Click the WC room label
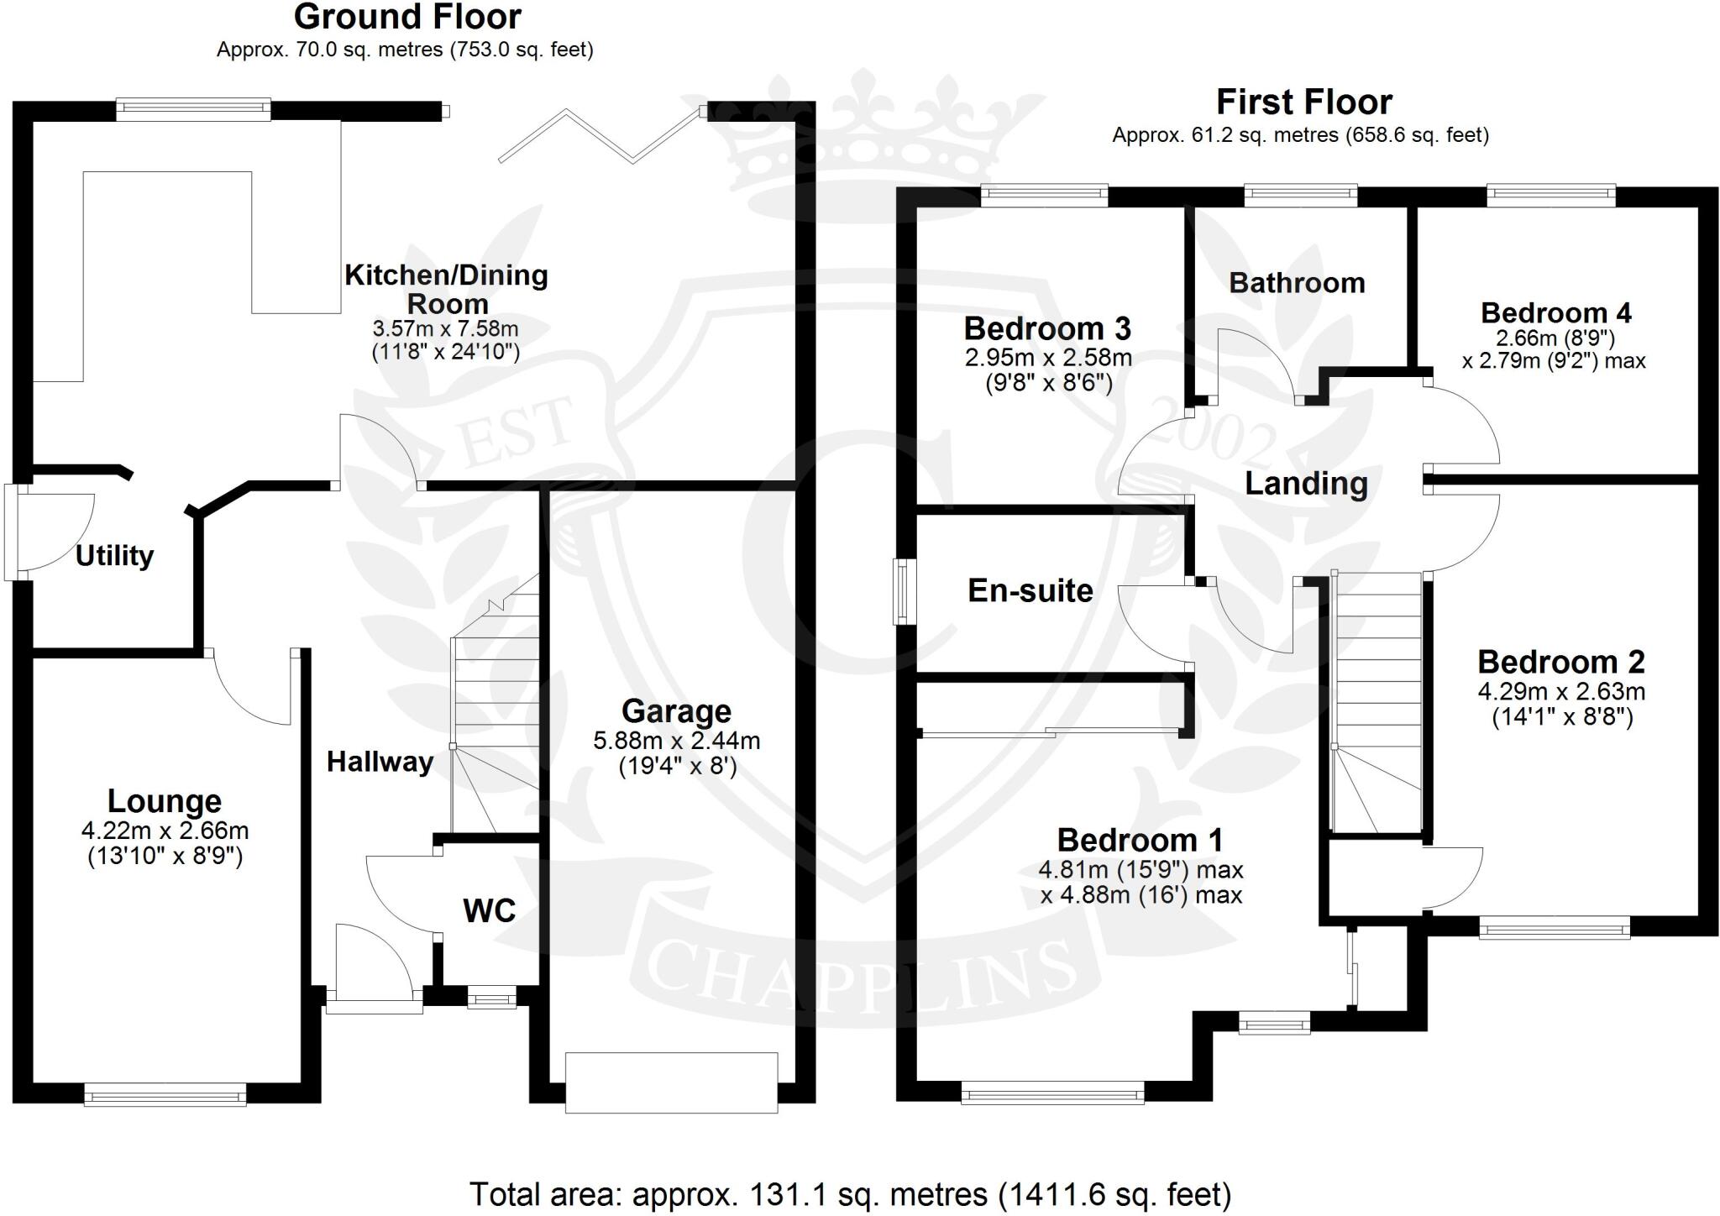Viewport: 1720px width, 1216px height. click(490, 910)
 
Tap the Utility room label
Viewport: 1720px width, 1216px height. click(115, 556)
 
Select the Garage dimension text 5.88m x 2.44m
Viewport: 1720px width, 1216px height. click(677, 741)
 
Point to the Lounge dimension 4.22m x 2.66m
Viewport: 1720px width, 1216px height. click(165, 831)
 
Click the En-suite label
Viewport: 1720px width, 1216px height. click(1030, 590)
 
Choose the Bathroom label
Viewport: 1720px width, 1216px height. click(1298, 283)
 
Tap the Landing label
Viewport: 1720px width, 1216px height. click(1306, 484)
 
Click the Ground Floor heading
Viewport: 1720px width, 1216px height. click(407, 17)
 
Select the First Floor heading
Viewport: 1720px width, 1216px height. click(1304, 102)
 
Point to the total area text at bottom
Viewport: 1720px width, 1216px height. click(850, 1193)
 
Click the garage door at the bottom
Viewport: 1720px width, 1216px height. click(671, 1082)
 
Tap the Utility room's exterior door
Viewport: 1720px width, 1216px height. click(49, 532)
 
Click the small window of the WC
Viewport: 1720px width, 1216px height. click(492, 999)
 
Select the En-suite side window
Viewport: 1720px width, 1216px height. click(905, 591)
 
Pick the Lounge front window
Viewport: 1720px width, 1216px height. click(165, 1093)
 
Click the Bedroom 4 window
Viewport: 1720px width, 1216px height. click(1551, 196)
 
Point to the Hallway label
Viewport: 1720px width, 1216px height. click(380, 762)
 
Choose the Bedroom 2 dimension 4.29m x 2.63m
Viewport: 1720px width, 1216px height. click(1561, 692)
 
